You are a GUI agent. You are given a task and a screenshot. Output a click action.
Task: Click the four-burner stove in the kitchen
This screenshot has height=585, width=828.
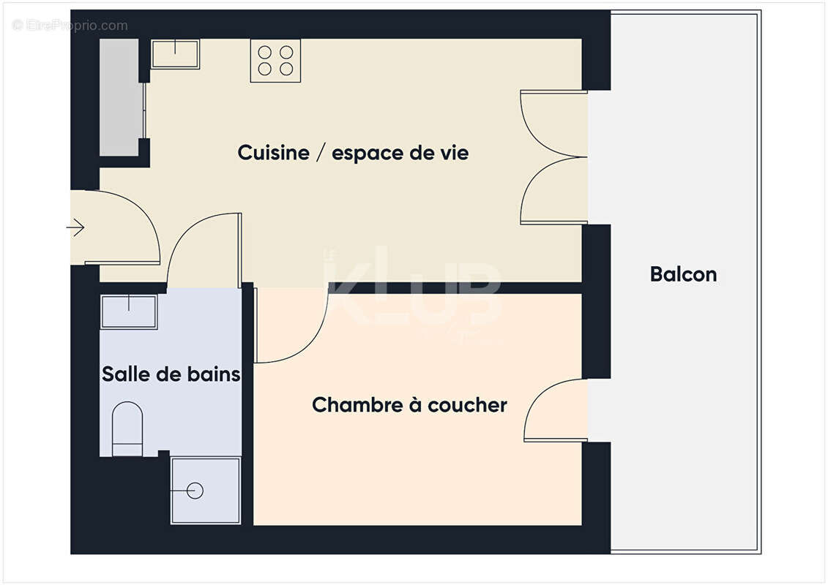[276, 61]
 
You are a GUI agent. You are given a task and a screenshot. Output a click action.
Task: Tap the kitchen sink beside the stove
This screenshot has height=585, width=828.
[175, 54]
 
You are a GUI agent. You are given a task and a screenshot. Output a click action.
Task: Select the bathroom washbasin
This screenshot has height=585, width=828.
[129, 312]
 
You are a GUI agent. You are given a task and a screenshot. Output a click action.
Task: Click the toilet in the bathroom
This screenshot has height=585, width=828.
[127, 429]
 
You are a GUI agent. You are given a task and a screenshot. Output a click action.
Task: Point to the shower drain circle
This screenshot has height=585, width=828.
[195, 491]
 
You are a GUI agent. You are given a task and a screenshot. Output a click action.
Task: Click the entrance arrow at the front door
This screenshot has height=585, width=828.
[75, 228]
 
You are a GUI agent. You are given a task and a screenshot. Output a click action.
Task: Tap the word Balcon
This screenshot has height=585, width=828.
[683, 275]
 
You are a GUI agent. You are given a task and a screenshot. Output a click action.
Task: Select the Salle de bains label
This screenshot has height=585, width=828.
[171, 374]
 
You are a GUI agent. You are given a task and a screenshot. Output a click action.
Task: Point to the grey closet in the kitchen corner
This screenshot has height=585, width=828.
[120, 97]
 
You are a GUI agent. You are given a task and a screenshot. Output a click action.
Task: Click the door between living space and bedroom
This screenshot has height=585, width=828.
[289, 325]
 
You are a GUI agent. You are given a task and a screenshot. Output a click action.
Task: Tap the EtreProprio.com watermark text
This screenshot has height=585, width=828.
[70, 26]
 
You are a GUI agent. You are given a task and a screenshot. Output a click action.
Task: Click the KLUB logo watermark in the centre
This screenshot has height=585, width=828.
[414, 292]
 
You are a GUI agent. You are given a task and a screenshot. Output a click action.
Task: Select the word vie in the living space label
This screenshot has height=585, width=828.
[452, 154]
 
